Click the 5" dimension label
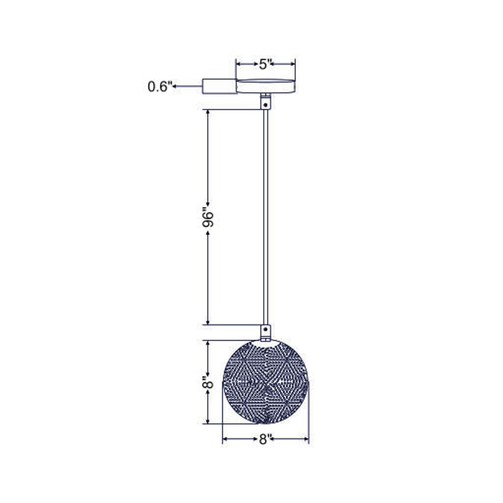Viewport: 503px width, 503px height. pyautogui.click(x=266, y=64)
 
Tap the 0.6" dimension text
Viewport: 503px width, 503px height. pyautogui.click(x=160, y=86)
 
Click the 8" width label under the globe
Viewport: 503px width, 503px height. pyautogui.click(x=263, y=439)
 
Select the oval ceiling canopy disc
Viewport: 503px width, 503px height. pyautogui.click(x=265, y=86)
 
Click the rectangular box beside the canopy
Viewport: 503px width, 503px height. pyautogui.click(x=219, y=86)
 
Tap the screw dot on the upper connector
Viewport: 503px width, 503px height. pyautogui.click(x=265, y=104)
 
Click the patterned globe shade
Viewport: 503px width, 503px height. pyautogui.click(x=265, y=382)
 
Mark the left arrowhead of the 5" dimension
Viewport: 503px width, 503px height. pyautogui.click(x=238, y=64)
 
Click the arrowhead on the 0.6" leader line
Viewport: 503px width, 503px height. pyautogui.click(x=174, y=86)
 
